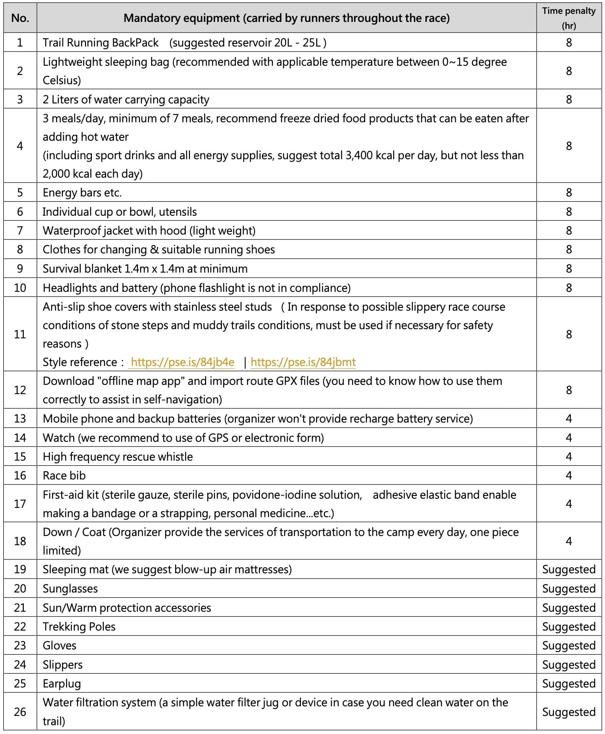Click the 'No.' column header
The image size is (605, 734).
[20, 18]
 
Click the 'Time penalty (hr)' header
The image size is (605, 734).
[568, 18]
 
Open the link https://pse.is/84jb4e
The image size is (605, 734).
[182, 362]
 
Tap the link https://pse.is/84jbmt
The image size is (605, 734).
[303, 362]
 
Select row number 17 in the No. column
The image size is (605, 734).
[20, 504]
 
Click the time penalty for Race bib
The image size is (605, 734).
[568, 476]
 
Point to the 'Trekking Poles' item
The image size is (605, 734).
[79, 627]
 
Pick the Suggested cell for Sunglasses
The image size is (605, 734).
[568, 589]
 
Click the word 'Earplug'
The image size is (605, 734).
[62, 684]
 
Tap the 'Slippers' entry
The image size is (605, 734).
[63, 665]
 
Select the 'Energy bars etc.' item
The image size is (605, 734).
[82, 193]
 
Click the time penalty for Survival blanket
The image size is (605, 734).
[568, 269]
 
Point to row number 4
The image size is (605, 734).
[20, 146]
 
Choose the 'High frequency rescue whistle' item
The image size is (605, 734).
[118, 457]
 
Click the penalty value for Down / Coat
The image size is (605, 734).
[568, 541]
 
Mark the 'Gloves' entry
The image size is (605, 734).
[60, 646]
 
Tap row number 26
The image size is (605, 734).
[20, 712]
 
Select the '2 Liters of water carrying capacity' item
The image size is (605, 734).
[126, 100]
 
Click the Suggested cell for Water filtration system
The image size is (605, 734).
[568, 712]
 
